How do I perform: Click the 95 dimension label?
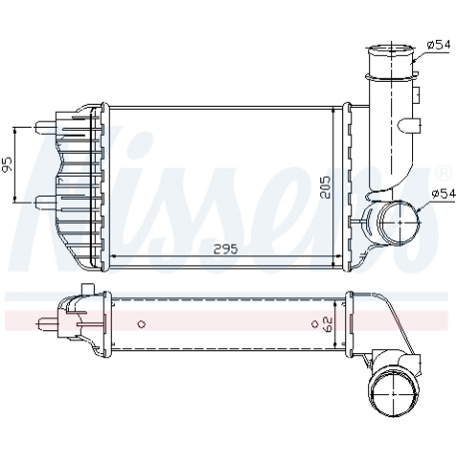pyautogui.click(x=7, y=164)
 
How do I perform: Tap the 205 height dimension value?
pyautogui.click(x=326, y=187)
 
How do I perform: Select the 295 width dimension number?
pyautogui.click(x=226, y=248)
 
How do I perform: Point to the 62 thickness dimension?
pyautogui.click(x=327, y=324)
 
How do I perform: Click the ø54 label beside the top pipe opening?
pyautogui.click(x=439, y=44)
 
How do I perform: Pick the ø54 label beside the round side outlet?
pyautogui.click(x=443, y=194)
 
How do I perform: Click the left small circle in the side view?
pyautogui.click(x=142, y=324)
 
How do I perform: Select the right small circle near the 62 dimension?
pyautogui.click(x=314, y=324)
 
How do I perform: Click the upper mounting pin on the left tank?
pyautogui.click(x=45, y=127)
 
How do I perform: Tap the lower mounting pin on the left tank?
pyautogui.click(x=45, y=202)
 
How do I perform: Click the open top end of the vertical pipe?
pyautogui.click(x=391, y=51)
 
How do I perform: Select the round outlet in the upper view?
pyautogui.click(x=399, y=222)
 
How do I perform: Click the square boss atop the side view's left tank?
pyautogui.click(x=88, y=288)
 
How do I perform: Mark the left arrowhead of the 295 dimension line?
pyautogui.click(x=113, y=256)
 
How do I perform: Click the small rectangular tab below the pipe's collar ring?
pyautogui.click(x=417, y=94)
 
